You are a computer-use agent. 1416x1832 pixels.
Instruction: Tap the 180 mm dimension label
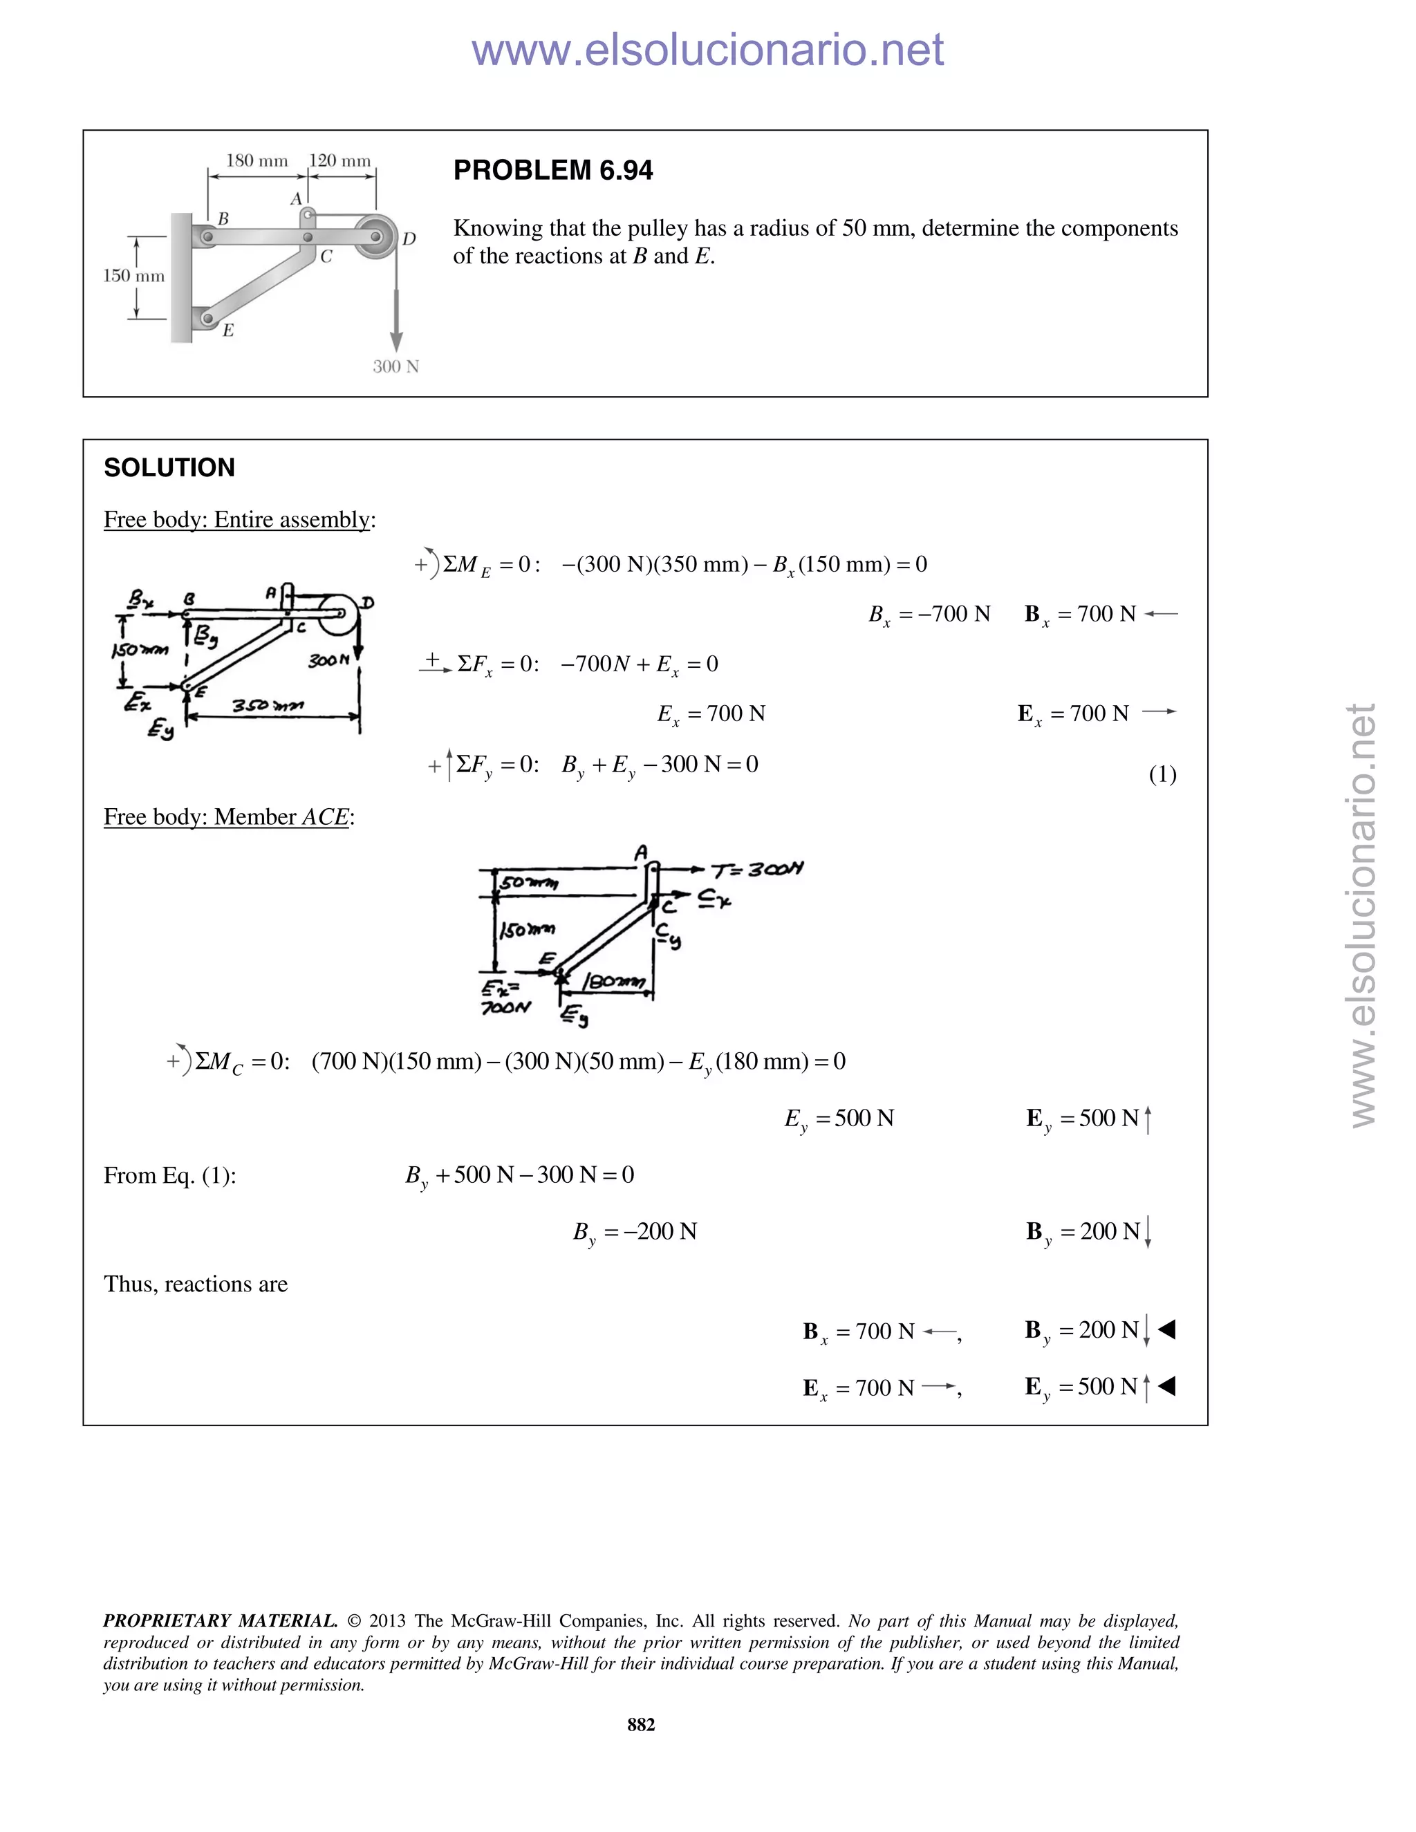coord(257,160)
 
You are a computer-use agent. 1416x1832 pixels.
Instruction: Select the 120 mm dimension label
coord(339,160)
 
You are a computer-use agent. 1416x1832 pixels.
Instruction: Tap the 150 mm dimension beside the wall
coord(133,276)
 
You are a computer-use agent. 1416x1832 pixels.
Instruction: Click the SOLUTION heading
coord(169,467)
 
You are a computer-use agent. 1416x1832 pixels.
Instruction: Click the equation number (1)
coord(1162,774)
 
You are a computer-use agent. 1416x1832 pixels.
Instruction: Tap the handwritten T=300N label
coord(758,869)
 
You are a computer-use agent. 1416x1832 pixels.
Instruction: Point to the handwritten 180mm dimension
coord(615,982)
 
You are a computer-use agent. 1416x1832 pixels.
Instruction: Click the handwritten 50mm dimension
coord(528,882)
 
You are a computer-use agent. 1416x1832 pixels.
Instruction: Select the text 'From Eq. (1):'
coord(169,1175)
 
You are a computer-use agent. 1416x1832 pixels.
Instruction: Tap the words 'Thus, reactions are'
coord(196,1284)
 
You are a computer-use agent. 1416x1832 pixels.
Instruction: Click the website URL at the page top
coord(707,50)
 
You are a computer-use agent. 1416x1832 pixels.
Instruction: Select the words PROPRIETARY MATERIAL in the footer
coord(220,1620)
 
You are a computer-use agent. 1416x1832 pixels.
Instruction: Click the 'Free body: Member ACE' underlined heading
coord(227,817)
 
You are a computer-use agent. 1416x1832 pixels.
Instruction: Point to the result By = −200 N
coord(635,1231)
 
